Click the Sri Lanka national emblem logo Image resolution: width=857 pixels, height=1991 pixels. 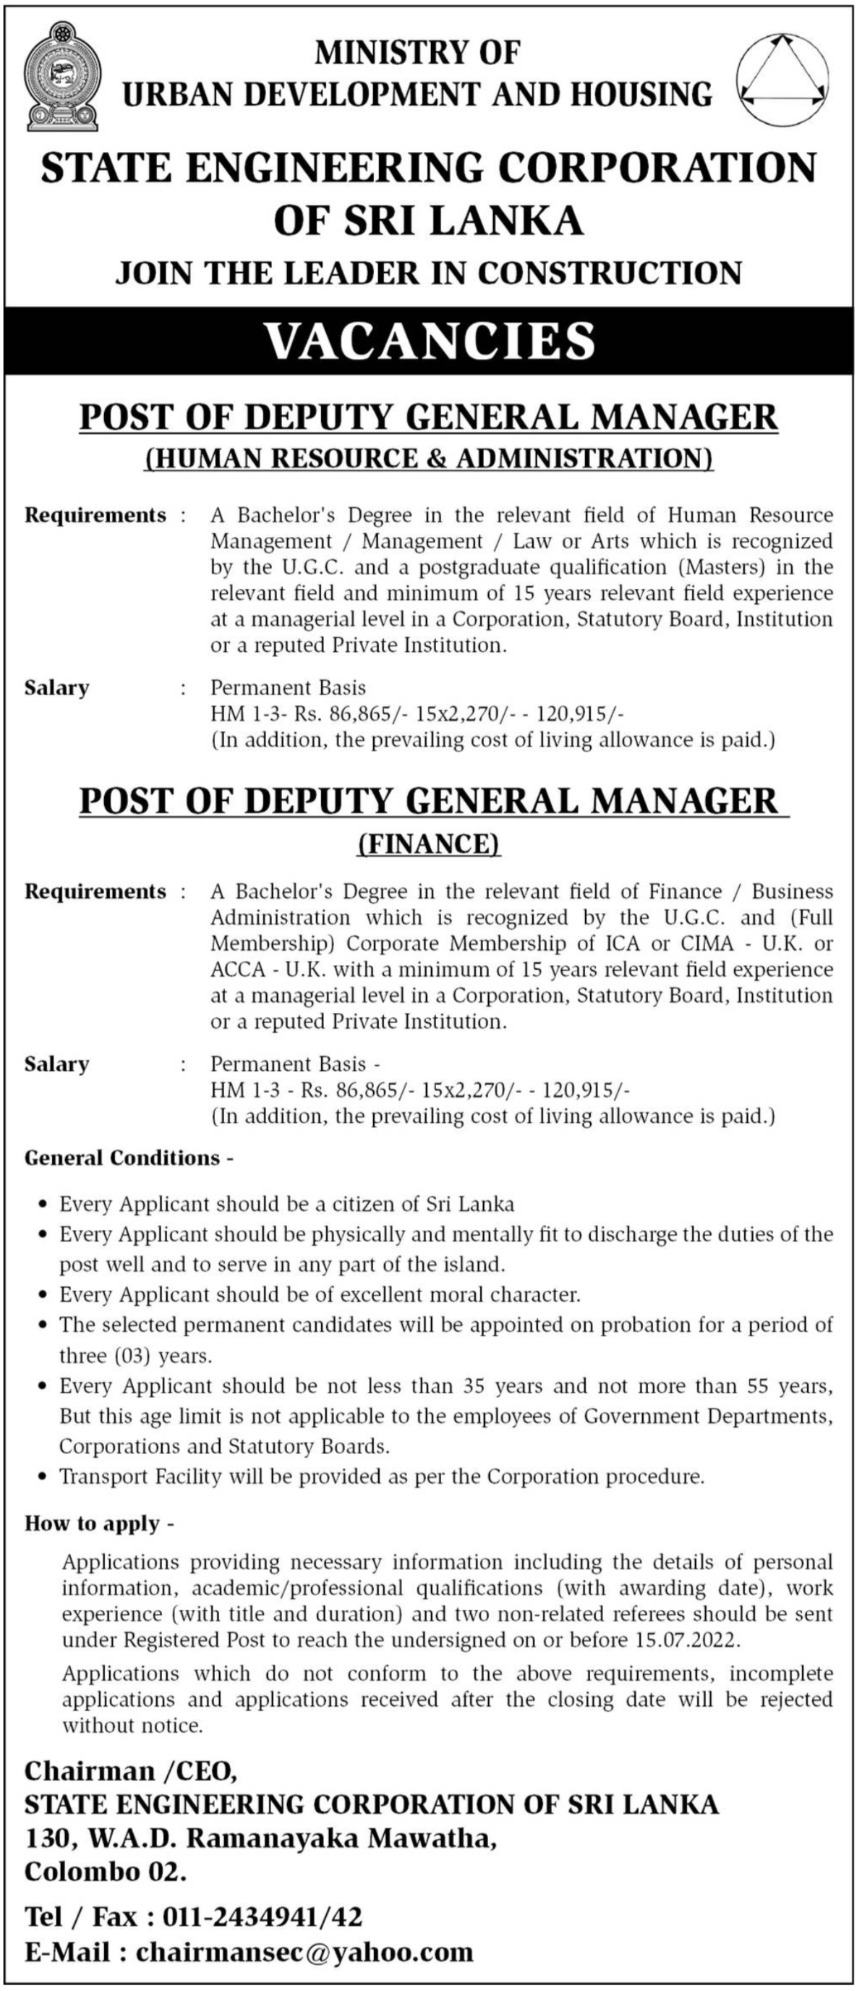pos(61,77)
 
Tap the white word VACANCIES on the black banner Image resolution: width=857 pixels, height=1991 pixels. pos(430,341)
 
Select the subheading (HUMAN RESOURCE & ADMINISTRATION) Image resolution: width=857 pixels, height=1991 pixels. pos(429,459)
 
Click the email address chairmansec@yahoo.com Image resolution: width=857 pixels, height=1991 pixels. pos(304,1952)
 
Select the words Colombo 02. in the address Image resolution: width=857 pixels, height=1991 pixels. pos(106,1872)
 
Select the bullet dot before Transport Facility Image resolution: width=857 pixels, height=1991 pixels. pos(43,1477)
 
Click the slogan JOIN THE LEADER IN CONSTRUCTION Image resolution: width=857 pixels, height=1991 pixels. pos(429,273)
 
